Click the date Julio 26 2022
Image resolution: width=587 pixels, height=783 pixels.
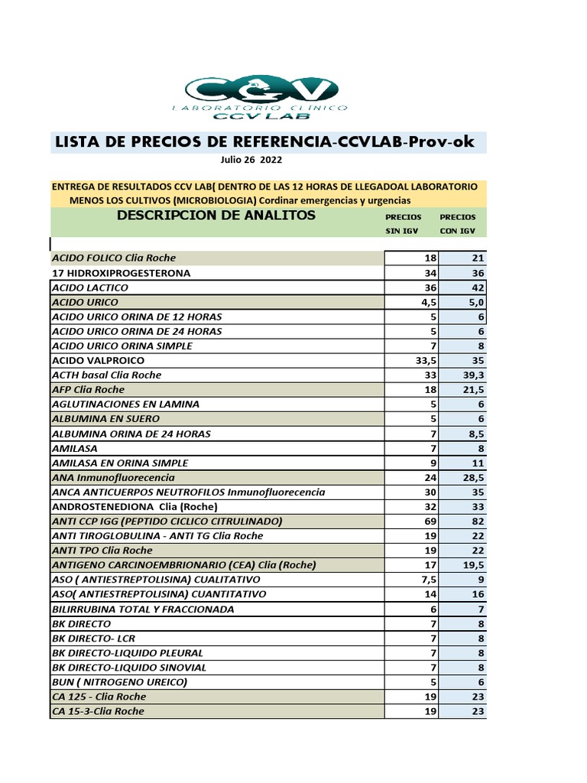tap(250, 161)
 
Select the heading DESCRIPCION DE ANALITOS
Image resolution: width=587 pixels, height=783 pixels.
tap(216, 216)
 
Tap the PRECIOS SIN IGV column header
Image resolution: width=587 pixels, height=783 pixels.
tap(403, 223)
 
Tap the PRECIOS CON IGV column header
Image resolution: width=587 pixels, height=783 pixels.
tap(458, 223)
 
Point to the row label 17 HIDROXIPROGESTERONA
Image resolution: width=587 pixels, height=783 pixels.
tap(120, 273)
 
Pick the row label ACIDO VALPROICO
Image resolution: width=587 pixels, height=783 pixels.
tap(97, 360)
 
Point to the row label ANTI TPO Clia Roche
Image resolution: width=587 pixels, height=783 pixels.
tap(102, 551)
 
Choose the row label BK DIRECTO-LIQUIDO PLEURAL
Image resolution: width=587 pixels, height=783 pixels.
tap(127, 653)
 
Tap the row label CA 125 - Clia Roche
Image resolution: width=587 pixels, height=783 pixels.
tap(98, 697)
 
